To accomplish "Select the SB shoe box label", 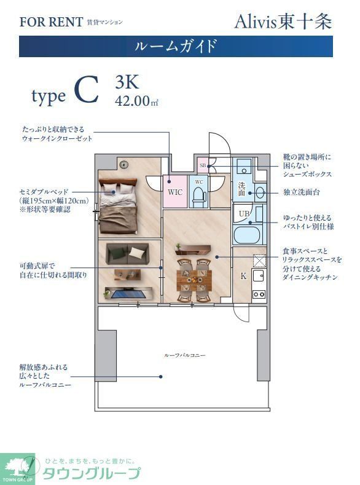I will coord(203,165).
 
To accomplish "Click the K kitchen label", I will coord(243,276).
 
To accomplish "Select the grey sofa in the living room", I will coord(127,253).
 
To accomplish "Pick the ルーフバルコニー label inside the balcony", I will coord(184,355).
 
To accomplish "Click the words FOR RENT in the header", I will coord(51,22).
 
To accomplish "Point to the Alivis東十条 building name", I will coord(283,22).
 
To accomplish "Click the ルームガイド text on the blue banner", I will coord(176,46).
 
